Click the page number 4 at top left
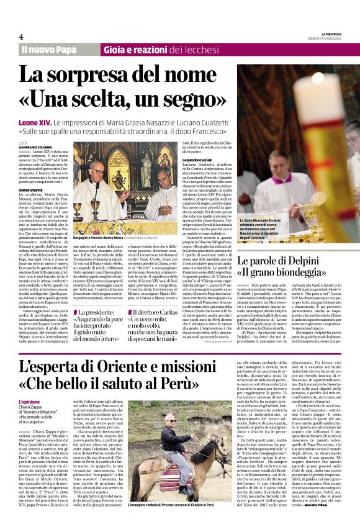tap(21, 37)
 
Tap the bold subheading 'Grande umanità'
tap(34, 189)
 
